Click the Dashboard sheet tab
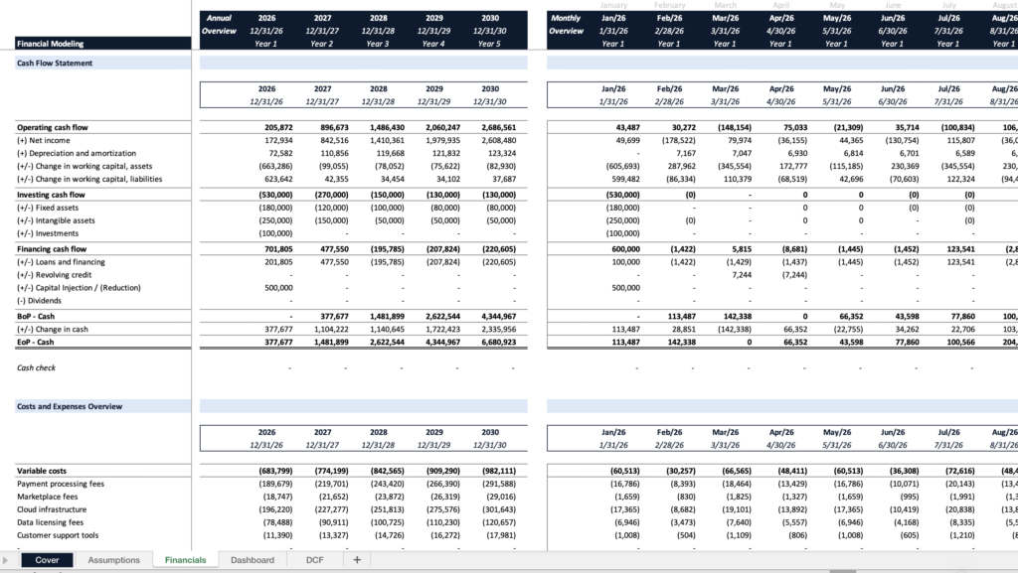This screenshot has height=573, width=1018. tap(252, 560)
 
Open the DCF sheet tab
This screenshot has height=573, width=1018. tap(314, 560)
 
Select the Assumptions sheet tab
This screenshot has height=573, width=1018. tap(114, 560)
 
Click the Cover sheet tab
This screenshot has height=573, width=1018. tap(47, 560)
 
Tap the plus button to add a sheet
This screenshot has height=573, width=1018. tap(356, 560)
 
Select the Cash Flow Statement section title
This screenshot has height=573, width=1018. tap(55, 63)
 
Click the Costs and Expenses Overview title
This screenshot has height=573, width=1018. tap(70, 406)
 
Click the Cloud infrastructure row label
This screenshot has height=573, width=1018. tap(56, 507)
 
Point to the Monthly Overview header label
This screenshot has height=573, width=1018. tap(567, 24)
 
